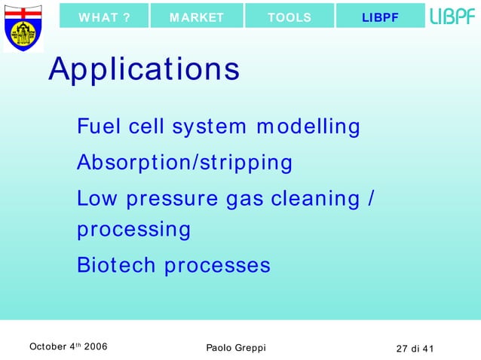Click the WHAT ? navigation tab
[x=104, y=17]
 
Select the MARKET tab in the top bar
[x=197, y=17]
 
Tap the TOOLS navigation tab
[x=290, y=17]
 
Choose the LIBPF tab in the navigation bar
[x=380, y=17]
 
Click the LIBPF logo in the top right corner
[x=453, y=17]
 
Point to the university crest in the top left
[x=23, y=27]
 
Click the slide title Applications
[x=144, y=70]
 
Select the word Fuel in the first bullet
[x=99, y=127]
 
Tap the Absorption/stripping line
[x=185, y=163]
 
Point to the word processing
[x=133, y=230]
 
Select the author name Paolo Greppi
[x=235, y=347]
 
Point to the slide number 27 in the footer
[x=403, y=347]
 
